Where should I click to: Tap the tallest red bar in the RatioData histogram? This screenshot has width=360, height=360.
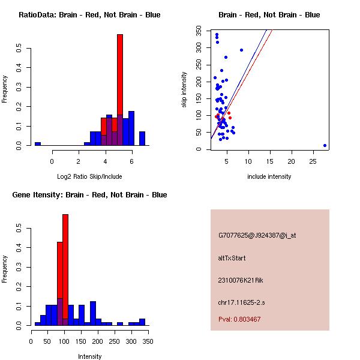click(120, 90)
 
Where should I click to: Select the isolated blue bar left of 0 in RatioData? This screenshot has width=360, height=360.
click(38, 144)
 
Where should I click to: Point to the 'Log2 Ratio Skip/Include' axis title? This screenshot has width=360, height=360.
click(89, 176)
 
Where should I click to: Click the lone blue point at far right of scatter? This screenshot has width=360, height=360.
click(325, 145)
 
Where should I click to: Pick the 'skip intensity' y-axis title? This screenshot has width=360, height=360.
click(184, 90)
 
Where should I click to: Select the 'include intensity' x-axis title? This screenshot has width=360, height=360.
click(269, 176)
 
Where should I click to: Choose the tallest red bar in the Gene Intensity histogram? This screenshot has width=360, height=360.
click(65, 270)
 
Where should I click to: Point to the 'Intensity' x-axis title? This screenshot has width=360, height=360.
click(89, 356)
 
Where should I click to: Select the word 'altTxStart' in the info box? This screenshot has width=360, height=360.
click(232, 258)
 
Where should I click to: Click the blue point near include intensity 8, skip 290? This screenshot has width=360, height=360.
click(241, 50)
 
